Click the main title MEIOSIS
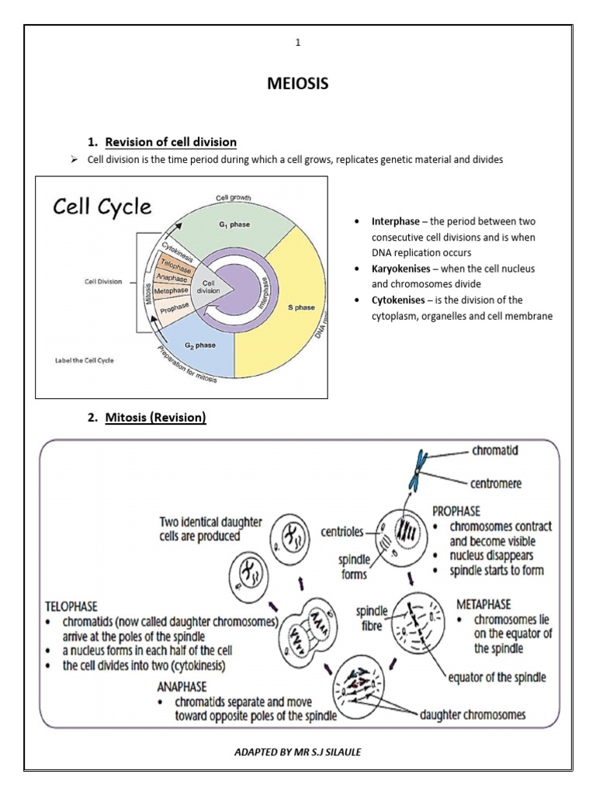pos(297,84)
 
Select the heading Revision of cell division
pos(171,141)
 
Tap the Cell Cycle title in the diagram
pos(102,207)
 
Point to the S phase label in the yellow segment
pos(302,307)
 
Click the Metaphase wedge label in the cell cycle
pos(172,291)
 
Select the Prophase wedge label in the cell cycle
pos(175,308)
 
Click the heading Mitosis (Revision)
pos(155,418)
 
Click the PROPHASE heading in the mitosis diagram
pos(456,511)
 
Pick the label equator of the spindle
pos(497,677)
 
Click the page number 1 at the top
pos(297,43)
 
